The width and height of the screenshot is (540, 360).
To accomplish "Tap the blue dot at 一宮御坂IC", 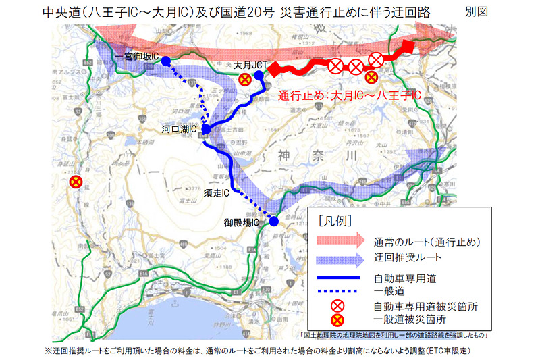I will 166,60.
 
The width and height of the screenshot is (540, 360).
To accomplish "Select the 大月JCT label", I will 250,65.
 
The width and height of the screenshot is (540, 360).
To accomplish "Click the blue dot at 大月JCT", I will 259,75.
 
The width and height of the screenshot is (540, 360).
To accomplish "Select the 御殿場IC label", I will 242,222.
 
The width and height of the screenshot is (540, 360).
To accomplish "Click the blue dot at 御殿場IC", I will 274,221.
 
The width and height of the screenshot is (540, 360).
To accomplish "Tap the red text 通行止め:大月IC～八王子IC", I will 350,96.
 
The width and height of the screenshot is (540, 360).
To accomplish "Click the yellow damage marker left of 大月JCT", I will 246,80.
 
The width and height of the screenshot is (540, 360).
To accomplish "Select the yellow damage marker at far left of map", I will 76,182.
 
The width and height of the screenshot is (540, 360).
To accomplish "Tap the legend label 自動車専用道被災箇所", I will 426,306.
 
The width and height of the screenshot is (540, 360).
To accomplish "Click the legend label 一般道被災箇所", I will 411,319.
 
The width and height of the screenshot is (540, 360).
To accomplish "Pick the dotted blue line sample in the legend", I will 341,290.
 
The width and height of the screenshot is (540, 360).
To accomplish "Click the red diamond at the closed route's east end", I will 406,48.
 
